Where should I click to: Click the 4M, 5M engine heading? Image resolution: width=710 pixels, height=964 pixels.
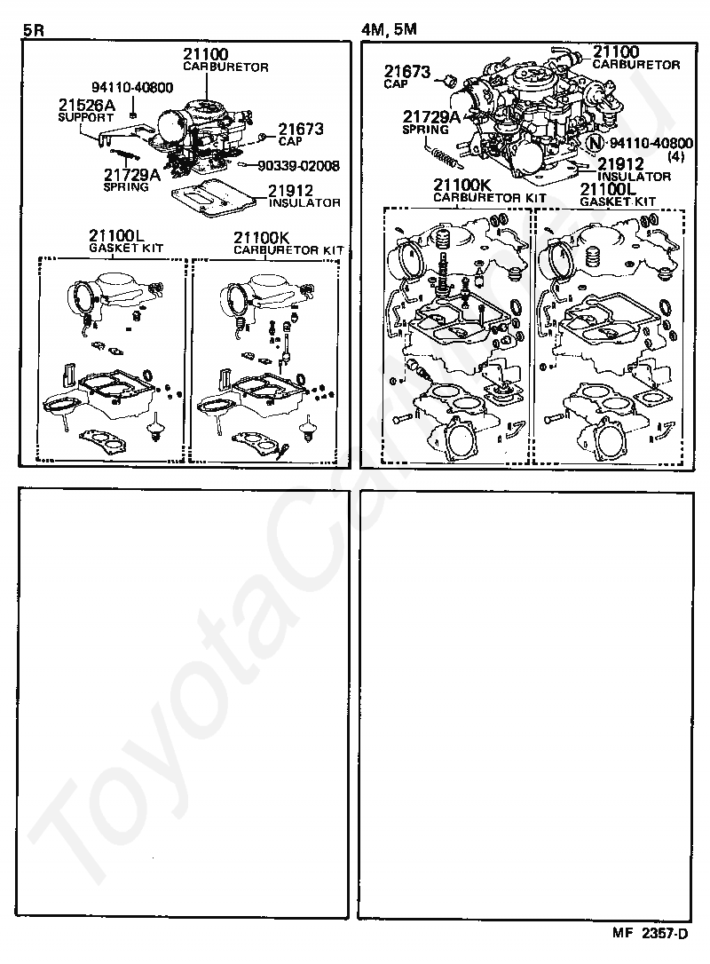tap(389, 29)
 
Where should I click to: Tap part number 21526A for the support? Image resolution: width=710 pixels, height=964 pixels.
tap(87, 105)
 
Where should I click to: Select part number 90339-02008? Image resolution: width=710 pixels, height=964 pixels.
tap(299, 165)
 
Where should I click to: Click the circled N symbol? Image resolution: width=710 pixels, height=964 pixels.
tap(595, 143)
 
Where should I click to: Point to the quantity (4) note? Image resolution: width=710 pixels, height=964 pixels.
tap(675, 156)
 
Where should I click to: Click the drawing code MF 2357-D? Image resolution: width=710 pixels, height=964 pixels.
tap(650, 933)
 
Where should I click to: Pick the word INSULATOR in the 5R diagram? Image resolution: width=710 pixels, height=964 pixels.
tap(304, 202)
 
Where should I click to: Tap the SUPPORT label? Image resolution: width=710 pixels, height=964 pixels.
tap(86, 117)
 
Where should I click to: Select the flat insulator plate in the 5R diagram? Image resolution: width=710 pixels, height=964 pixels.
tap(214, 195)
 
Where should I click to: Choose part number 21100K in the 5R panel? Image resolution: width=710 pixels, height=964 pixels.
tap(261, 238)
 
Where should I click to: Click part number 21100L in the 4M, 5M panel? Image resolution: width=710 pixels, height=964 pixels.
tap(608, 189)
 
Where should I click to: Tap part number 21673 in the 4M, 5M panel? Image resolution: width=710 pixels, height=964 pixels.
tap(407, 71)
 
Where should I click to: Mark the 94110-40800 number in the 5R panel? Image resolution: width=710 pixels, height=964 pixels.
tap(132, 87)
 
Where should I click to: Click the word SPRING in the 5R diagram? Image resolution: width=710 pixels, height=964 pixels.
tap(126, 187)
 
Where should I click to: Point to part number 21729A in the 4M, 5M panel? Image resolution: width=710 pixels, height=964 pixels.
tap(431, 117)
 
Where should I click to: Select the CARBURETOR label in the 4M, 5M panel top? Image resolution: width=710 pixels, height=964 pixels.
tap(636, 65)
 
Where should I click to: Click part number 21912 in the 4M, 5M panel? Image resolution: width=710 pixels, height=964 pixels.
tap(621, 164)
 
